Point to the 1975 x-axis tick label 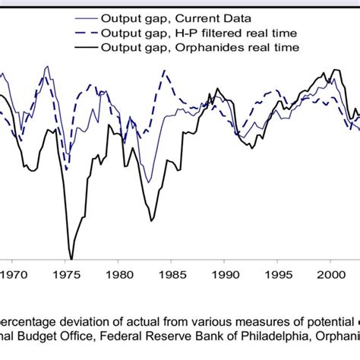[67, 277]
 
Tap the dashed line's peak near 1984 [164, 72]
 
